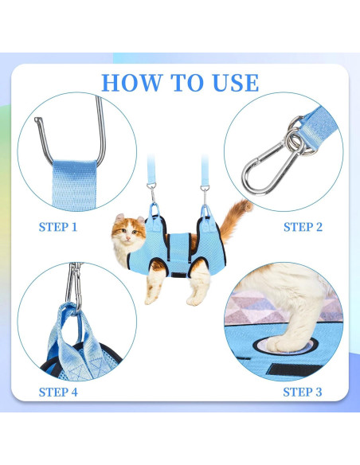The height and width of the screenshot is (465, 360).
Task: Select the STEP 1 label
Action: coord(58,227)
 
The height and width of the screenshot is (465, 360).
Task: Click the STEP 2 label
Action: coord(303,227)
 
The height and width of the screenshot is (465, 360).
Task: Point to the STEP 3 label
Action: coord(303,392)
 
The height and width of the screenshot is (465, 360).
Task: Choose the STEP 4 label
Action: coord(58,392)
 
